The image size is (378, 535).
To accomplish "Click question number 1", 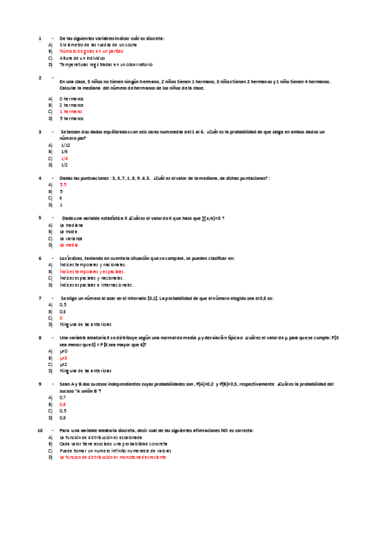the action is click(40, 38).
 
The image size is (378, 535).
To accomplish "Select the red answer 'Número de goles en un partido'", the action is click(87, 52).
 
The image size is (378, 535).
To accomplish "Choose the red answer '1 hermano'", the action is click(71, 112).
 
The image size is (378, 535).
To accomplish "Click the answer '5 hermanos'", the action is click(71, 118).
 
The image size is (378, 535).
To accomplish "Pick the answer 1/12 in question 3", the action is click(65, 145).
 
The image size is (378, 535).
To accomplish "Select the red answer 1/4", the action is click(64, 158).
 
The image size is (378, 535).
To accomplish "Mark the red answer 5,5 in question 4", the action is click(63, 185).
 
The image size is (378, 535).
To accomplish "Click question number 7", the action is click(40, 297).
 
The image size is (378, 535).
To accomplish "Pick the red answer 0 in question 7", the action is click(61, 318).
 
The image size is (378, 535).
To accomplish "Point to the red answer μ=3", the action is click(63, 358).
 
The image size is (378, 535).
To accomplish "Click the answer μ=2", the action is click(63, 365).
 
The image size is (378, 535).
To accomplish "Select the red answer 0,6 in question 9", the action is click(62, 404).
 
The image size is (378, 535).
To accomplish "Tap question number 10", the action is click(40, 430).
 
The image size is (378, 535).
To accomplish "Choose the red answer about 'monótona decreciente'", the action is click(113, 457).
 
